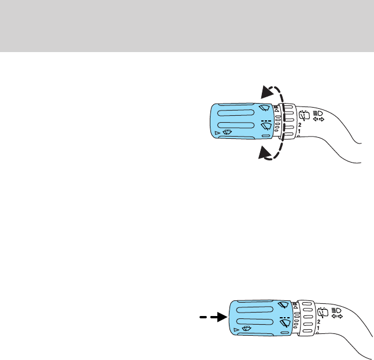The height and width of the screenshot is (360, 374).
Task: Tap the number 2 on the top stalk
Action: (299, 124)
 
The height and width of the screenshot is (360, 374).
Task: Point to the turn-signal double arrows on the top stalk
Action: (318, 120)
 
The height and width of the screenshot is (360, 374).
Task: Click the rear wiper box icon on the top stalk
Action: (302, 114)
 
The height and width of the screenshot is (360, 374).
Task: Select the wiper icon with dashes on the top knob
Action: (266, 124)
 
